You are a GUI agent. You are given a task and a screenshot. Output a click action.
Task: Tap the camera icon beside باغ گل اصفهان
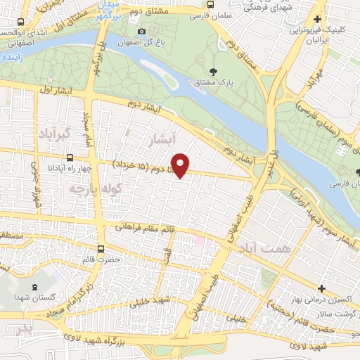(x=142, y=32)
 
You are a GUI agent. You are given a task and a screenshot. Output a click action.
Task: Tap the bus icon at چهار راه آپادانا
(x=69, y=158)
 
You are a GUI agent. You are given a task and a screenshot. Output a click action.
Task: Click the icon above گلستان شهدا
(x=34, y=286)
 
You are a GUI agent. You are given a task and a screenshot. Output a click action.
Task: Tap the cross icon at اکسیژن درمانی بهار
(x=321, y=288)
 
